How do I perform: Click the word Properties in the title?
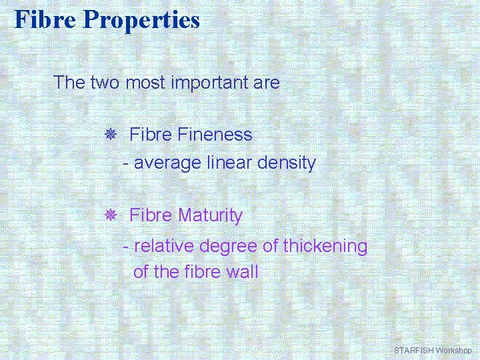point(141,19)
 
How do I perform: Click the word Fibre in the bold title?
point(46,19)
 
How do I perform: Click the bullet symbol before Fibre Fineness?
point(111,135)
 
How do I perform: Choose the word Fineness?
point(215,135)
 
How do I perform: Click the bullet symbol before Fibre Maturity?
point(111,216)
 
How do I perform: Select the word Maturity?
point(211,216)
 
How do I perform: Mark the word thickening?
point(325,247)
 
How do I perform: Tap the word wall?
point(243,272)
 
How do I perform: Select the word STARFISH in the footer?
point(413,350)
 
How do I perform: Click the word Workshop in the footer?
point(453,350)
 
